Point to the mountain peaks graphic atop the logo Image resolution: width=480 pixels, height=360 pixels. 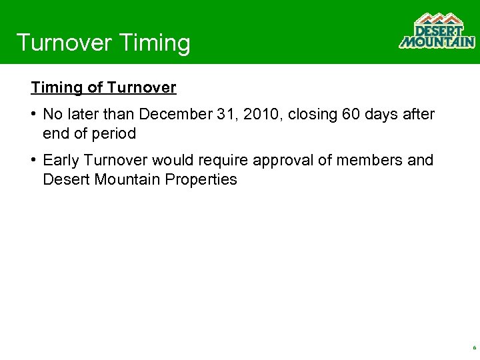tap(437, 19)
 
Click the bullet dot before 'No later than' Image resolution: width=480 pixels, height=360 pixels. tap(33, 115)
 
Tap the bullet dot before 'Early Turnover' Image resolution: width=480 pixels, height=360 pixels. tap(33, 161)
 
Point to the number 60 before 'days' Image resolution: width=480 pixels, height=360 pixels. tap(351, 115)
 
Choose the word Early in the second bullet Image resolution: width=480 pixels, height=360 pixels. tap(61, 161)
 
